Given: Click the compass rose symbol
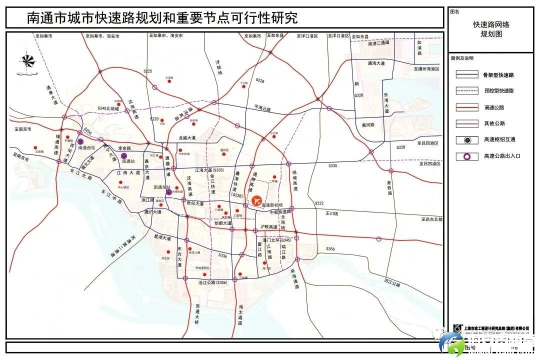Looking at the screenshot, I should (27, 61).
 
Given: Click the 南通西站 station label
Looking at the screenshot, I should (86, 148).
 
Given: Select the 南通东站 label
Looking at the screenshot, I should (162, 187).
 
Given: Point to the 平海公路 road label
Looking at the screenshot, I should (262, 108).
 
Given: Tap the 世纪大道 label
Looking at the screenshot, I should (194, 203).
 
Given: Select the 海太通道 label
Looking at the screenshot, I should (240, 314).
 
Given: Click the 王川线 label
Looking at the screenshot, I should (332, 213).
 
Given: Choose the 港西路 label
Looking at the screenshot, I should (388, 187).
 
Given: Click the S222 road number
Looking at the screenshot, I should (319, 203).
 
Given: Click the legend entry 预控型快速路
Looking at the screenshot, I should (499, 91).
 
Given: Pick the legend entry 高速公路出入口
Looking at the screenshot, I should (502, 156).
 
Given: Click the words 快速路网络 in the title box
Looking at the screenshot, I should (491, 24).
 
